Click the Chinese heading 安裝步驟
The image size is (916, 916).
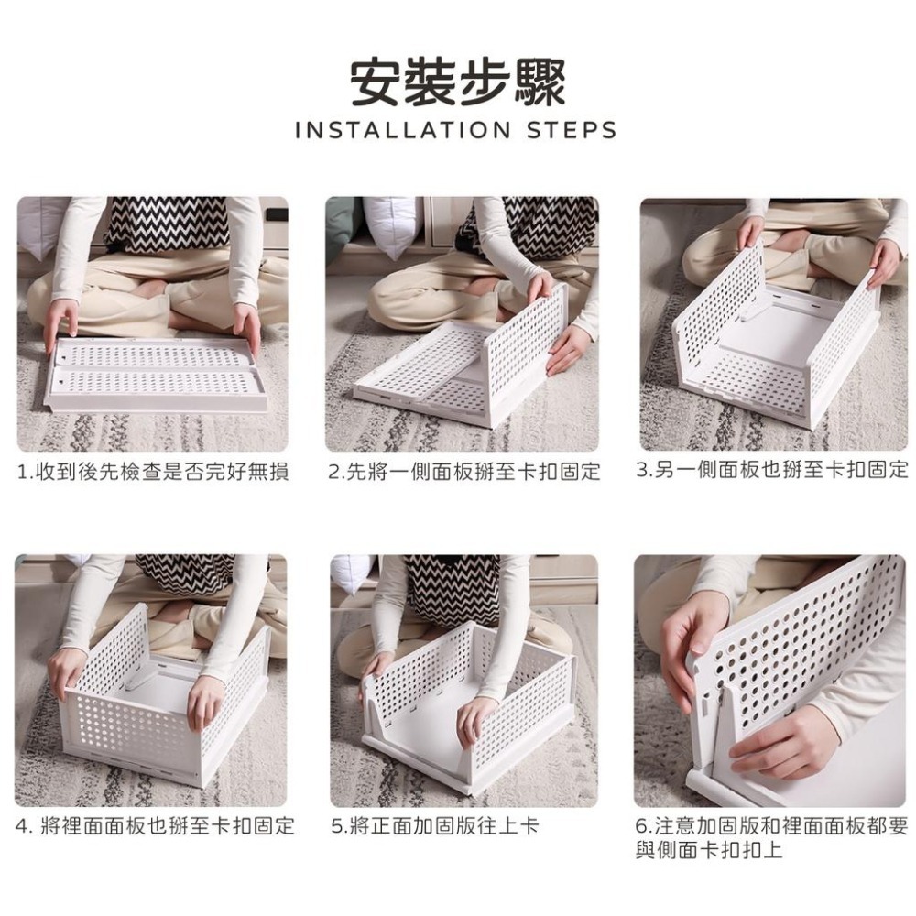(x=458, y=82)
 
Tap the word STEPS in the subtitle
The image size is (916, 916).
(x=572, y=130)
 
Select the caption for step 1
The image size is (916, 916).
(x=153, y=472)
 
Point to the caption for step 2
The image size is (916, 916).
(x=463, y=471)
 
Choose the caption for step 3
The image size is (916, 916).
(x=771, y=469)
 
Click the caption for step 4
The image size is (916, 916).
(x=155, y=826)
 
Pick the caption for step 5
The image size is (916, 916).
(x=434, y=826)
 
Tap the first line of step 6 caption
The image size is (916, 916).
(x=771, y=826)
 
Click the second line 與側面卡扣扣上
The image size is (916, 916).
(x=709, y=849)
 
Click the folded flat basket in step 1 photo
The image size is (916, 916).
(x=156, y=375)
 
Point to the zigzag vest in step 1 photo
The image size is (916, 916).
(x=167, y=224)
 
